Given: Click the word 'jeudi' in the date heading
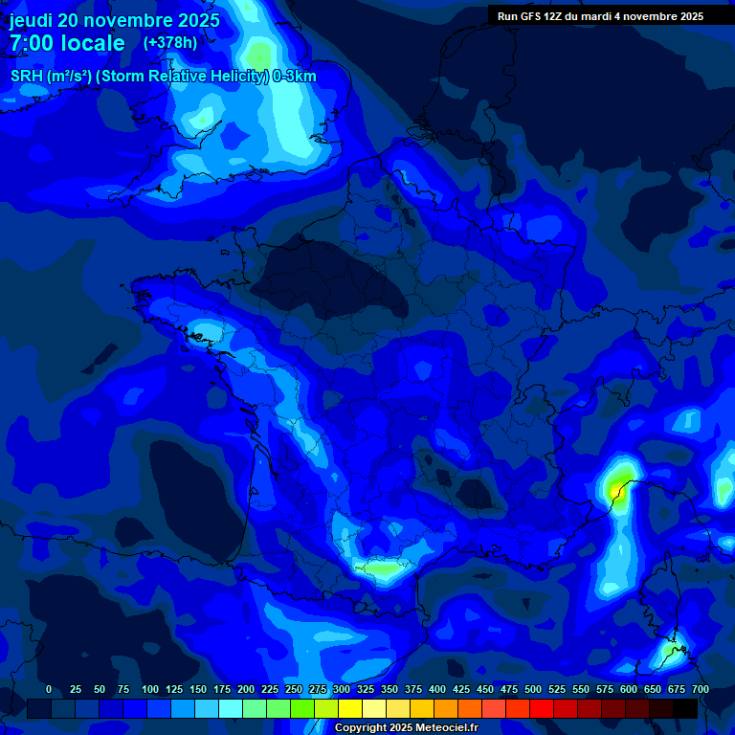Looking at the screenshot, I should (x=31, y=20).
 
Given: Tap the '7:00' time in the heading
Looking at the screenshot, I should (x=33, y=43).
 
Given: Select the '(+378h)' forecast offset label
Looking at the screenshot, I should (x=169, y=43).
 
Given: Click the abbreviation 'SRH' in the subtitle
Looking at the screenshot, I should (x=27, y=77).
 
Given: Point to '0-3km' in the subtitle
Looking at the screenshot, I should (x=295, y=77).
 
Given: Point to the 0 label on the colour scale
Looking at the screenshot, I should (x=49, y=689).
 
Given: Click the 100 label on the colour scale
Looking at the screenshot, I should (x=150, y=689).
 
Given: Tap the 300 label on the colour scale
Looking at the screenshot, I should (x=342, y=689).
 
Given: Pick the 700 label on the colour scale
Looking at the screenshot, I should (x=701, y=689).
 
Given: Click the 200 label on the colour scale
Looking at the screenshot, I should (x=246, y=689).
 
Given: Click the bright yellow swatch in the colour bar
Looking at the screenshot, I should (x=350, y=709).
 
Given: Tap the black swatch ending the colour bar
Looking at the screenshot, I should (x=685, y=709).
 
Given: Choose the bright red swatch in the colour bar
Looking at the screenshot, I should (x=542, y=709).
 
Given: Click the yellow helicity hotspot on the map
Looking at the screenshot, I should (x=617, y=486).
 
